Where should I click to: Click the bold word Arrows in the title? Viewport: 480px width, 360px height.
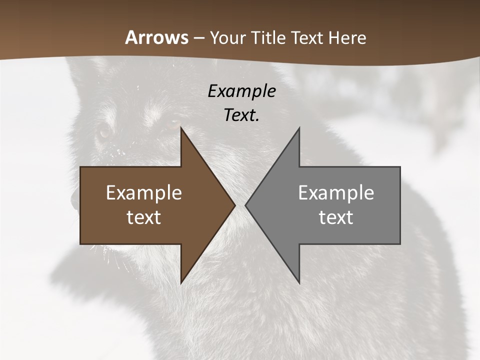pyautogui.click(x=157, y=38)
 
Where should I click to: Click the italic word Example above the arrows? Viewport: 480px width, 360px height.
pyautogui.click(x=241, y=91)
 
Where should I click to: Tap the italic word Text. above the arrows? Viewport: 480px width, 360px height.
pyautogui.click(x=241, y=115)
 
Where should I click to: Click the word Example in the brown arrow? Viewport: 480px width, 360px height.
pyautogui.click(x=144, y=193)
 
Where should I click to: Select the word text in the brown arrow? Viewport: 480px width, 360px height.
pyautogui.click(x=144, y=217)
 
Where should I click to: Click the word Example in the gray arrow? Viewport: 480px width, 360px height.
pyautogui.click(x=336, y=193)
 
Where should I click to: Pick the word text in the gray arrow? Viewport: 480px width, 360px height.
pyautogui.click(x=336, y=217)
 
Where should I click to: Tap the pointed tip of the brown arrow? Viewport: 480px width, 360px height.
pyautogui.click(x=235, y=205)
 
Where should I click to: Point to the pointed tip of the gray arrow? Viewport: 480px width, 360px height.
pyautogui.click(x=245, y=205)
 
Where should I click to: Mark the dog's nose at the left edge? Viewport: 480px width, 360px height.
pyautogui.click(x=74, y=200)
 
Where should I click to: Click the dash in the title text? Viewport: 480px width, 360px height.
pyautogui.click(x=198, y=38)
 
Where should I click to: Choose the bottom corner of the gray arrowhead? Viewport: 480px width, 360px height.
pyautogui.click(x=299, y=283)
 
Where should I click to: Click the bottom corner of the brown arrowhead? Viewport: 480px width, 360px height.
pyautogui.click(x=181, y=283)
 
